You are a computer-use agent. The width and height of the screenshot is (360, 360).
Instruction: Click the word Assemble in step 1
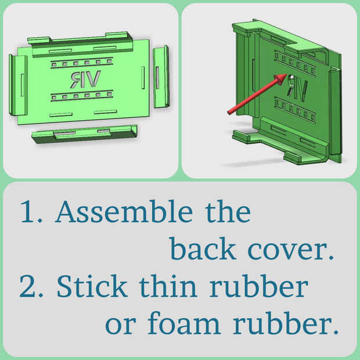(124, 211)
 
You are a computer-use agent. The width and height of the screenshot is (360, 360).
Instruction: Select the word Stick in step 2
(92, 286)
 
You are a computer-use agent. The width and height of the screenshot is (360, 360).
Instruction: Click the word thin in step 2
(168, 286)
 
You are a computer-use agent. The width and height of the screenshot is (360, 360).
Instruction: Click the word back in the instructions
(203, 249)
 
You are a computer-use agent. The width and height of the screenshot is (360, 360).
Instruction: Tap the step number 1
(28, 211)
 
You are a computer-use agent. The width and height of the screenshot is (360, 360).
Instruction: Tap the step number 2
(31, 286)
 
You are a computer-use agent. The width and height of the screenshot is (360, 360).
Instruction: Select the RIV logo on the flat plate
(85, 79)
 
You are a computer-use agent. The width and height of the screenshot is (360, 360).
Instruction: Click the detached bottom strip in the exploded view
(85, 134)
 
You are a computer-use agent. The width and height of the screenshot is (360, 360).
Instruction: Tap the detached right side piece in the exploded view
(161, 77)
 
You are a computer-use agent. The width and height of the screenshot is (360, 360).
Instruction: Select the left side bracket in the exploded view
(19, 85)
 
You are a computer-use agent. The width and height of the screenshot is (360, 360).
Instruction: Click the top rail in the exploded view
(80, 44)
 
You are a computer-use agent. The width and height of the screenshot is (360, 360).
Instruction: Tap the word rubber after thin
(259, 286)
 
